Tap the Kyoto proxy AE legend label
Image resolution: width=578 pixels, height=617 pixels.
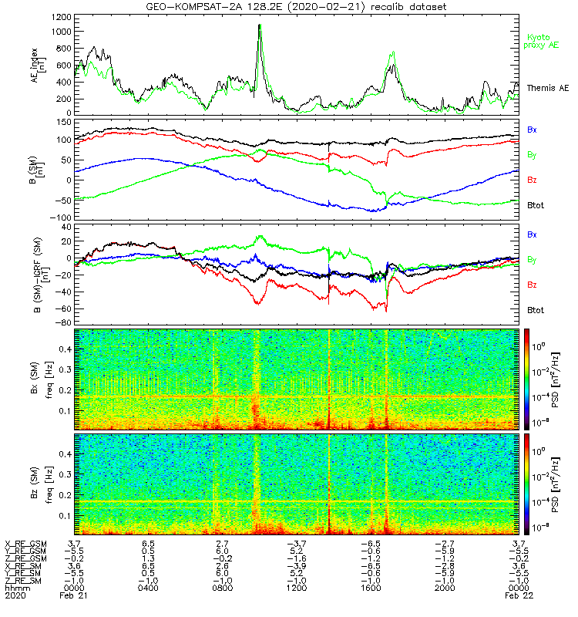point(543,41)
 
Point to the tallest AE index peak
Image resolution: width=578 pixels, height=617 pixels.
point(260,25)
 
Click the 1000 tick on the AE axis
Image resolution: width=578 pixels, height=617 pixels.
point(61,32)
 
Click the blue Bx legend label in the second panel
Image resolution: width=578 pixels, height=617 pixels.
point(532,130)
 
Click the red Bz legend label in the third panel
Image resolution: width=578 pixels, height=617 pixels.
point(532,285)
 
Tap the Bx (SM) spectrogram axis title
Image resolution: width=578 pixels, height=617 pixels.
point(37,378)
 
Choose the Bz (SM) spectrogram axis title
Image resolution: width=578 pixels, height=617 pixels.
point(37,483)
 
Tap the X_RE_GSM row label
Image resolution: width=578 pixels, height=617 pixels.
point(25,544)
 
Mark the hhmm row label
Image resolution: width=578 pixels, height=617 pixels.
point(15,588)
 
